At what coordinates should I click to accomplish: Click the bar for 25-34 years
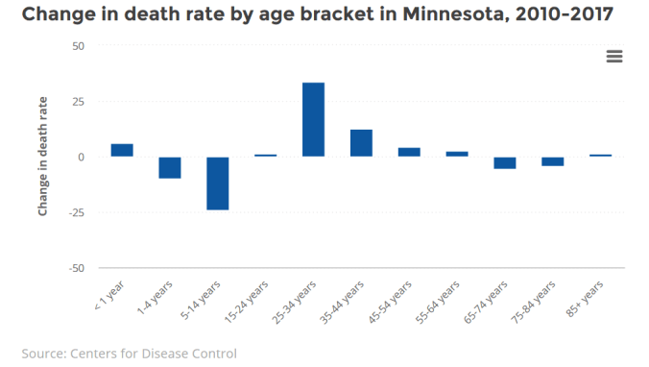point(314,119)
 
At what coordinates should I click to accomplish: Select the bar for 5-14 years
point(218,183)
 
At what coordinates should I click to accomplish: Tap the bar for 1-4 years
point(170,167)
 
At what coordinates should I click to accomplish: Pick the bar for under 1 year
point(122,150)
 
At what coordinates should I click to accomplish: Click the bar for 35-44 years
point(361,142)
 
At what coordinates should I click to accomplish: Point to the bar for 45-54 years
point(409,152)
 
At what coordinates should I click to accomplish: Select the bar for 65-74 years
point(505,162)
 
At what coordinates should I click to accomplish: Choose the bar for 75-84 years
point(553,161)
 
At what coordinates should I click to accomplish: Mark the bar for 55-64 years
point(457,154)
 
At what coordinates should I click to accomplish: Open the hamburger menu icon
point(614,57)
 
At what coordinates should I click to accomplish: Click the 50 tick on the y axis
point(78,46)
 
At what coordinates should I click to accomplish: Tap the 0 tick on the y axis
point(82,157)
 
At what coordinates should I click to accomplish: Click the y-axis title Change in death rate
point(43,157)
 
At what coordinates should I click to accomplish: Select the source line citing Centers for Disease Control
point(129,353)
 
